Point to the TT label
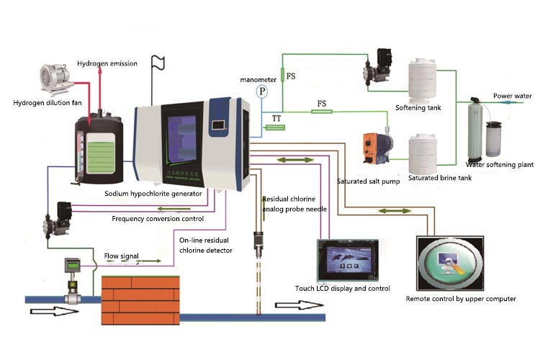tap(276, 116)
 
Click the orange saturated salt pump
tap(377, 145)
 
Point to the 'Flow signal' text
tap(122, 256)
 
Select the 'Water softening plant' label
tap(500, 164)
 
